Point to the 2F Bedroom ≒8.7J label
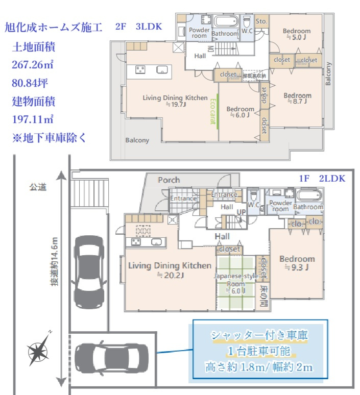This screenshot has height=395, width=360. (297, 98)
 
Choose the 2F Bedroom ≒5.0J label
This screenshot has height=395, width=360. (297, 34)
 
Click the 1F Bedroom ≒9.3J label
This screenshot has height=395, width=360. (297, 262)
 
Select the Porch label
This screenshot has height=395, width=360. (169, 180)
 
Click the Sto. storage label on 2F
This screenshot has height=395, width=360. (261, 21)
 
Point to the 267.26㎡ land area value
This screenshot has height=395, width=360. (33, 65)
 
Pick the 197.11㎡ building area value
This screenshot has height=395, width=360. (33, 119)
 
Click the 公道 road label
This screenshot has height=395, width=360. (38, 187)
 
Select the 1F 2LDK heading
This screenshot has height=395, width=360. (322, 178)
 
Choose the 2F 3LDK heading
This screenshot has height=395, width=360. (138, 27)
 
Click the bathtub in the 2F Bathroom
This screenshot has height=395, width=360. (225, 22)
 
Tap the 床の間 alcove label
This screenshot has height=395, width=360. (264, 294)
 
